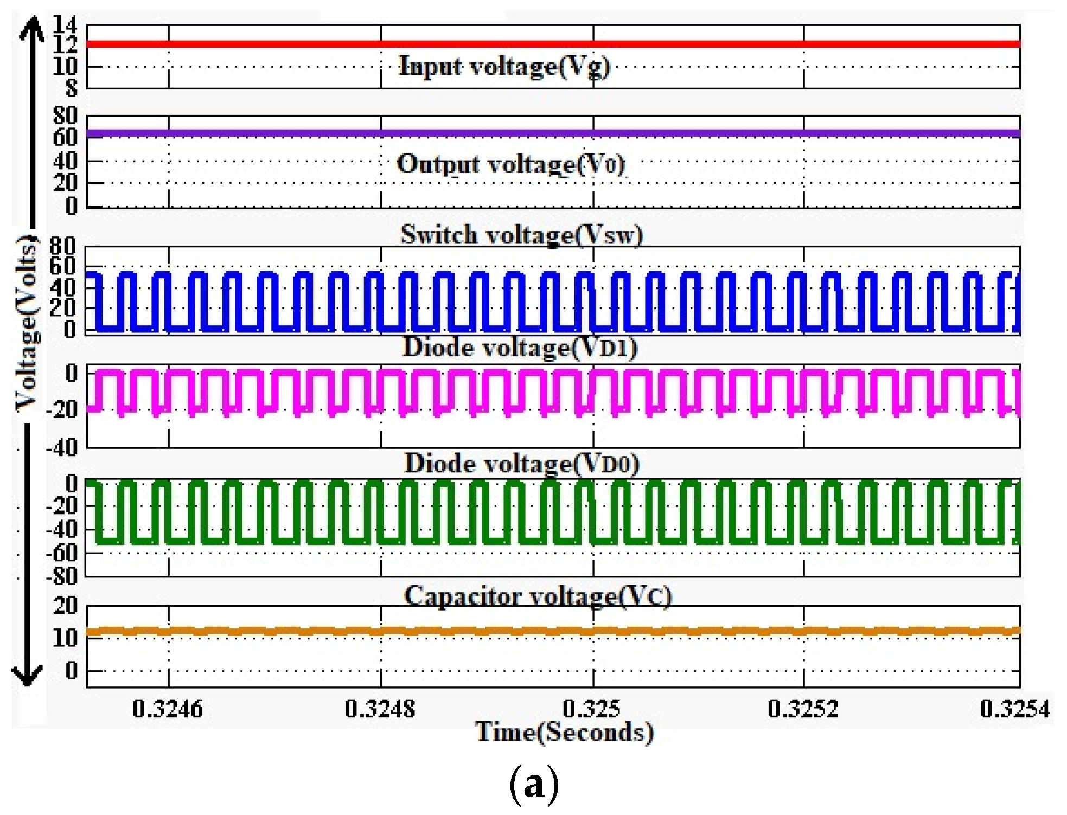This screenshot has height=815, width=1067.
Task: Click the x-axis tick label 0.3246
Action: (x=168, y=709)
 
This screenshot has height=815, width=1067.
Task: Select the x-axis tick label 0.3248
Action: (x=380, y=709)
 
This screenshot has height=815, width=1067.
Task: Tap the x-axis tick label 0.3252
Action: (x=803, y=709)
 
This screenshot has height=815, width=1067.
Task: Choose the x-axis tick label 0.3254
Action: (x=1015, y=709)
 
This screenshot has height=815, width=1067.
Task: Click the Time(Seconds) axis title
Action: (x=564, y=732)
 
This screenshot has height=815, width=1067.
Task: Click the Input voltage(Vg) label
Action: (x=504, y=67)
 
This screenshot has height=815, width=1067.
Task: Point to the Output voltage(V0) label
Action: (x=511, y=164)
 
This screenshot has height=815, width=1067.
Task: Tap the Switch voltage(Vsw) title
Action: (x=521, y=235)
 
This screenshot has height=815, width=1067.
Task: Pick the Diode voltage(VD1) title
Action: (x=520, y=348)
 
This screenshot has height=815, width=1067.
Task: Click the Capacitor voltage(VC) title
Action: (x=538, y=596)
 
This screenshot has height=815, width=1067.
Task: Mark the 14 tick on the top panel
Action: (x=65, y=24)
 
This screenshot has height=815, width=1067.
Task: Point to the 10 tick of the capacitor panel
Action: (x=65, y=638)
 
